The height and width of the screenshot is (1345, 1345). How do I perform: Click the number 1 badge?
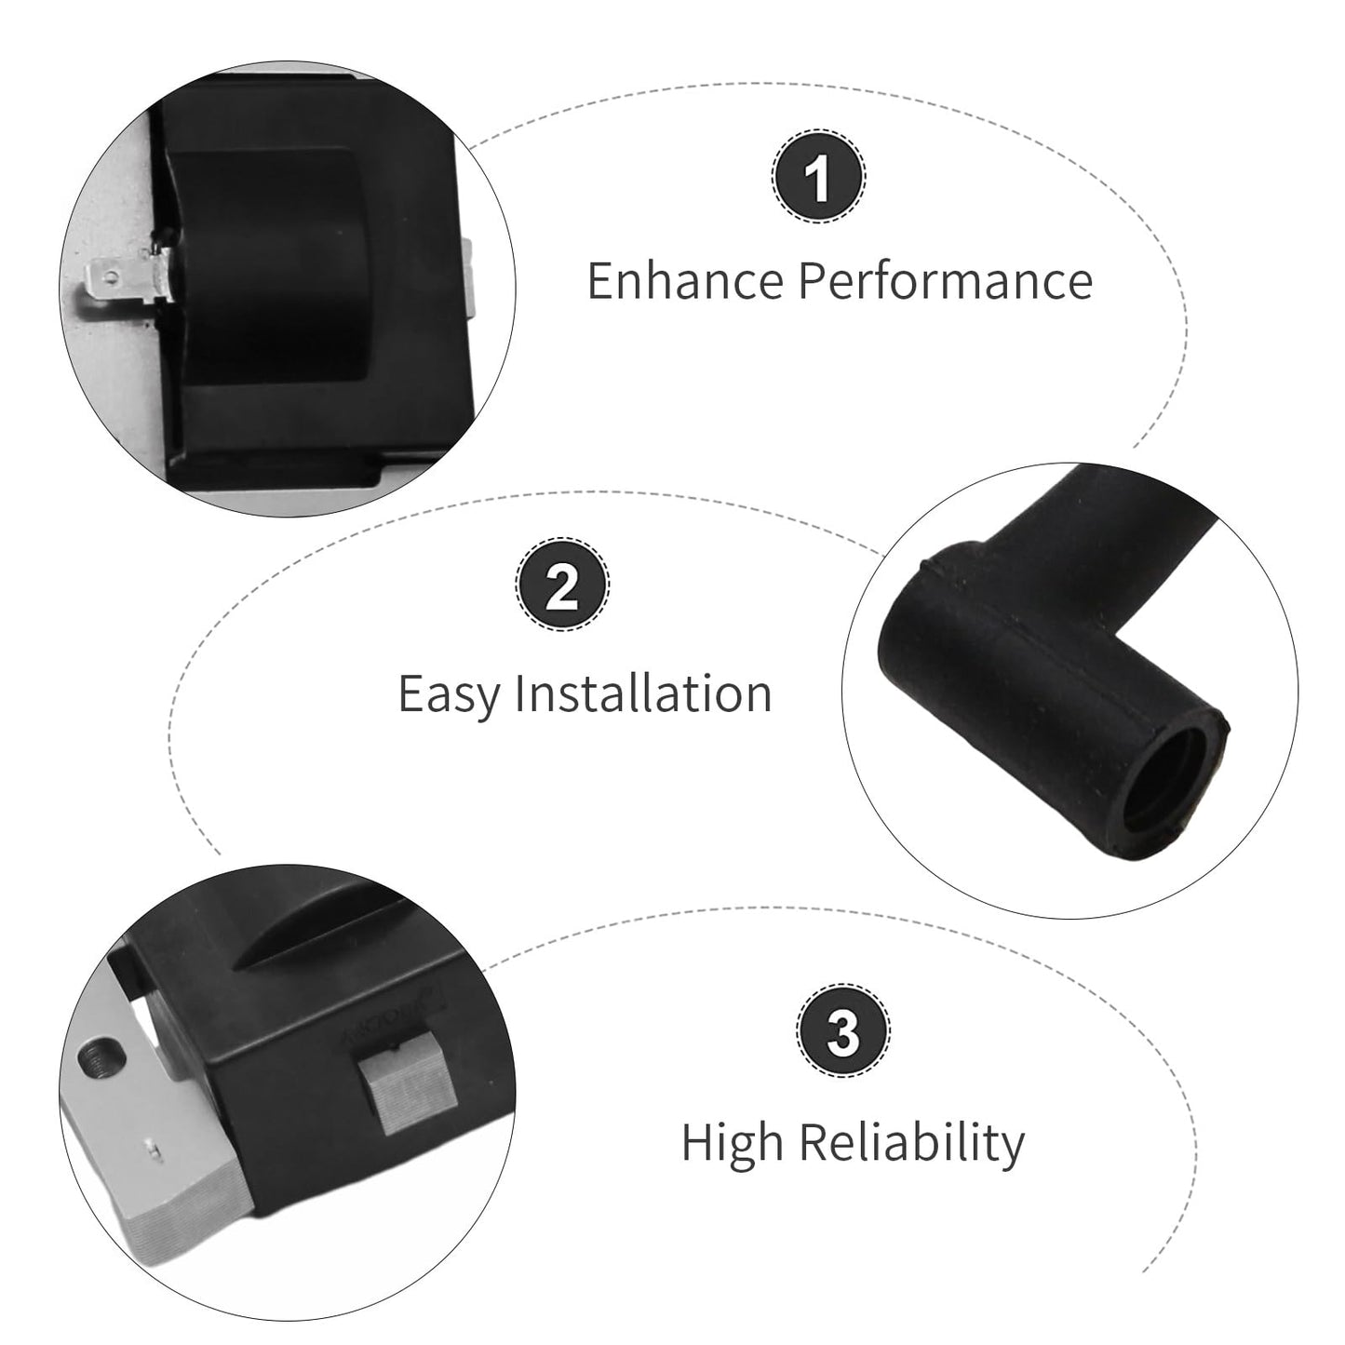[818, 176]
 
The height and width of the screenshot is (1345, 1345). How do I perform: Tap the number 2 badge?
[562, 585]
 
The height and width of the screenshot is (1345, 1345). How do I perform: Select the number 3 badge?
[843, 1031]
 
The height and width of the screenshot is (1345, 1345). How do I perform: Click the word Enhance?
[685, 281]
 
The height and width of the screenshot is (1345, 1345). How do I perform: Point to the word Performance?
[946, 281]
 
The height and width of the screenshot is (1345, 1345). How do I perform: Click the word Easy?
[450, 695]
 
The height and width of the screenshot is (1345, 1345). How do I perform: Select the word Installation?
[643, 693]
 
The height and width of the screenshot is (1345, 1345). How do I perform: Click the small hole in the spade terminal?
[110, 277]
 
